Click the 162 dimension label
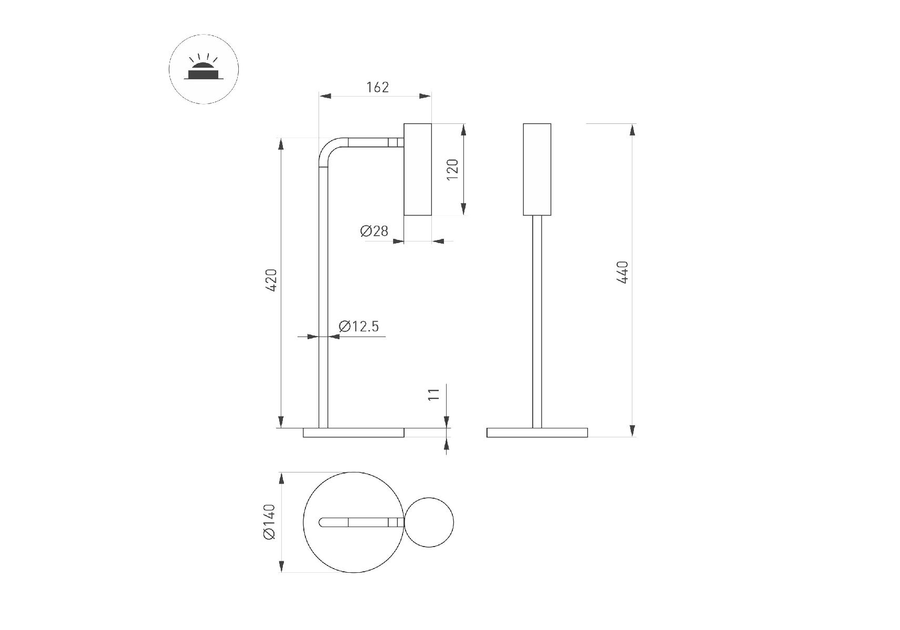(x=377, y=87)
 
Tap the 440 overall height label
(x=622, y=272)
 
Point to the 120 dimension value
(x=453, y=170)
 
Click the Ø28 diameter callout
(x=374, y=230)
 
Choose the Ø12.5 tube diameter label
(x=359, y=327)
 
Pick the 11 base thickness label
(x=433, y=394)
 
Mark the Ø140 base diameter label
(x=269, y=522)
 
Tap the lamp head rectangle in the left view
(x=418, y=170)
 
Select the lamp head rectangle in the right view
(x=537, y=170)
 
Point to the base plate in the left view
(x=354, y=433)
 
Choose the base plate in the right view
(x=537, y=433)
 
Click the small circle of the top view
(x=429, y=522)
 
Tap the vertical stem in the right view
(x=537, y=322)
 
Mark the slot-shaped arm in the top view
(x=362, y=522)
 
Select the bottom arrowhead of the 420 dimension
(x=281, y=422)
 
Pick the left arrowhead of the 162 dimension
(x=325, y=96)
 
